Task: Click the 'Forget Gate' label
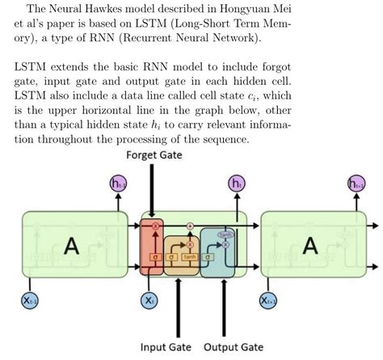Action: pos(151,155)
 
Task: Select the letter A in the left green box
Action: pos(72,247)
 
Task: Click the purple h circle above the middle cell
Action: pos(237,184)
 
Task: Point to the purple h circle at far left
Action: pos(118,184)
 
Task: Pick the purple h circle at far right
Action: pos(356,184)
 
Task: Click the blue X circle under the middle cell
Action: pos(149,301)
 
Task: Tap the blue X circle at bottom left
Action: pos(31,301)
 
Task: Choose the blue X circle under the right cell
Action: pos(268,301)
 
